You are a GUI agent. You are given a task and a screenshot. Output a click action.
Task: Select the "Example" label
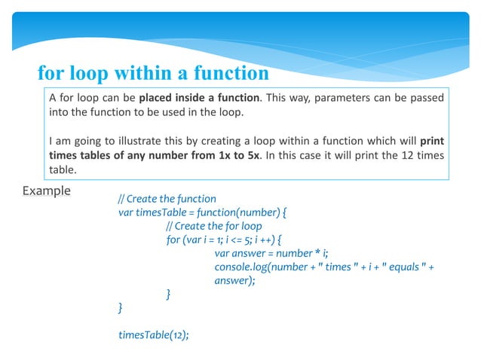(47, 191)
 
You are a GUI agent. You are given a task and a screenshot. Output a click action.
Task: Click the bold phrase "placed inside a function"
(201, 98)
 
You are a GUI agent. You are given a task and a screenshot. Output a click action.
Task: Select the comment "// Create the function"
(167, 199)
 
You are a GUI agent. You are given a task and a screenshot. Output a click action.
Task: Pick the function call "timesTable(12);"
(154, 335)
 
